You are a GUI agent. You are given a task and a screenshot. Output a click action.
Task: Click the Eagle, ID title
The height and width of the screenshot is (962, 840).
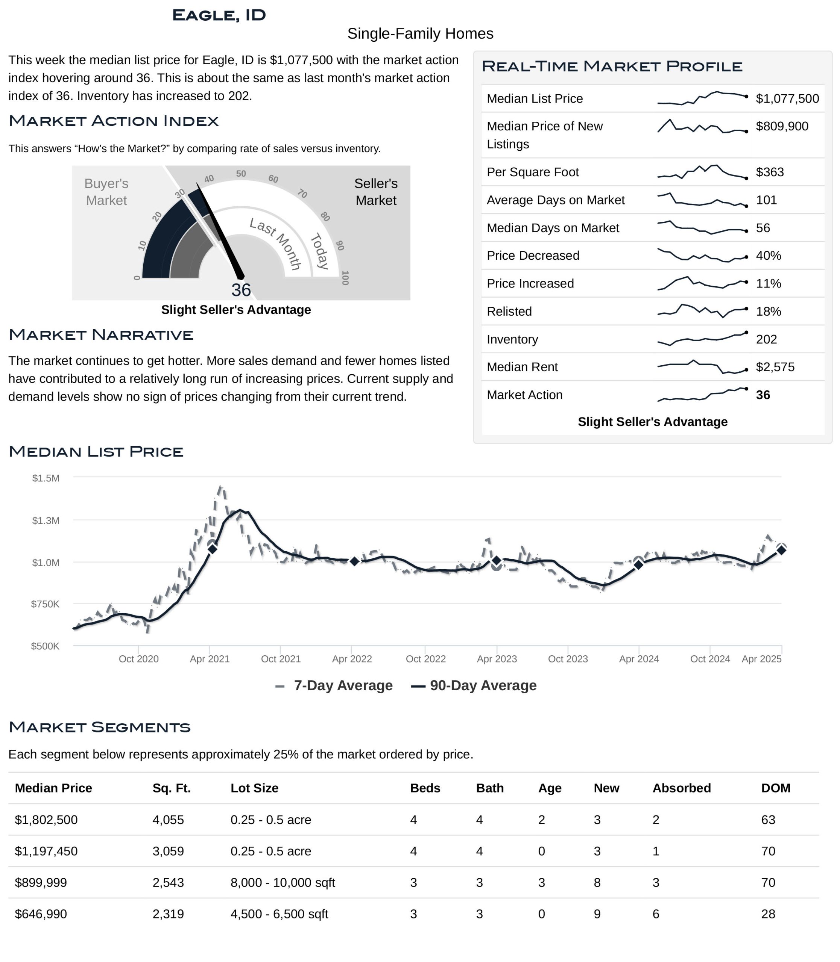[x=219, y=15]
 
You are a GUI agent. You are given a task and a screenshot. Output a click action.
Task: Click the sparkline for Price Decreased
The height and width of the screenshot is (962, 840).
[x=702, y=256]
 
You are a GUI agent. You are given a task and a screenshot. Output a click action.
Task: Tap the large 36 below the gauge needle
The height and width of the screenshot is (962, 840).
[x=241, y=290]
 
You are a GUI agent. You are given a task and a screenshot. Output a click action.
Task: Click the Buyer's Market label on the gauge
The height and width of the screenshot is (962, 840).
[x=106, y=192]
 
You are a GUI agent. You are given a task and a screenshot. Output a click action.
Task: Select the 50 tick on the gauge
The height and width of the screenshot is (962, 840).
[x=241, y=174]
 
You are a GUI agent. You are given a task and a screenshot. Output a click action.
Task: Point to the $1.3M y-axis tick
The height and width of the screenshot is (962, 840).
[x=46, y=521]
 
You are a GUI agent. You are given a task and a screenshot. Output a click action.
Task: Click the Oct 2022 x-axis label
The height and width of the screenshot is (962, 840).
[x=425, y=659]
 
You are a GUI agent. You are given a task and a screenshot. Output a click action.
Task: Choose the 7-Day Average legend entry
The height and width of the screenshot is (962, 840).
[x=334, y=686]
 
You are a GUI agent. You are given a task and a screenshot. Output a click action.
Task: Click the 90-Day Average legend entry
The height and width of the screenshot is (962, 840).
[x=474, y=686]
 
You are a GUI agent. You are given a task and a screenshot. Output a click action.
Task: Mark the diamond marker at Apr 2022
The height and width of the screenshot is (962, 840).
[x=354, y=561]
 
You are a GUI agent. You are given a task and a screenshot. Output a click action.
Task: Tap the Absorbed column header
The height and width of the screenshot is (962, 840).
[x=682, y=788]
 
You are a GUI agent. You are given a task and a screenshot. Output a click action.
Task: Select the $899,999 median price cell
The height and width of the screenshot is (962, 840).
[x=41, y=883]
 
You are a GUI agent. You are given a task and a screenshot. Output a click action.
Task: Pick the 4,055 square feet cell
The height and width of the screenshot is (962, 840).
[x=168, y=820]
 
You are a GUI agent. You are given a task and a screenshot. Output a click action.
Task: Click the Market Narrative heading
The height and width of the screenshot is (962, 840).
[x=101, y=335]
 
